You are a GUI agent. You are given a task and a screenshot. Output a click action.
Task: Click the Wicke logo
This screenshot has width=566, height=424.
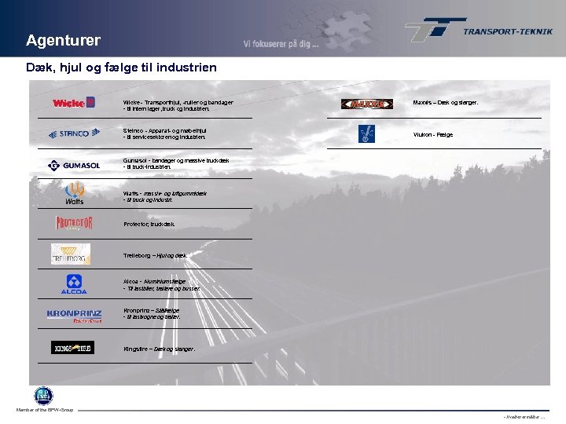(73, 102)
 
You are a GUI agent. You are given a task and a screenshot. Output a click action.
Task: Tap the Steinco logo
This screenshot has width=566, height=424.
(73, 133)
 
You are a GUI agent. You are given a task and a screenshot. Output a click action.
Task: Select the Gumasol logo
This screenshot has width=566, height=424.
(73, 165)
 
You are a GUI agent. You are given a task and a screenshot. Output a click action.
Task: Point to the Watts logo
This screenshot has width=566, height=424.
(74, 193)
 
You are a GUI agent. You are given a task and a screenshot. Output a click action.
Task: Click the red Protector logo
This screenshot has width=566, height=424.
(73, 223)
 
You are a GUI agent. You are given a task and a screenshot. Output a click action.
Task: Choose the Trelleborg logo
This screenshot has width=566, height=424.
(71, 254)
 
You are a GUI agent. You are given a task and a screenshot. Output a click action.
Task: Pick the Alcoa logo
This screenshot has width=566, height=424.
(73, 284)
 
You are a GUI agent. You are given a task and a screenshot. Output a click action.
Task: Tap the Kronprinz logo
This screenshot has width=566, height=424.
(73, 316)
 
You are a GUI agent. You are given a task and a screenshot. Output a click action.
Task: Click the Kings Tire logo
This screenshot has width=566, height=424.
(72, 347)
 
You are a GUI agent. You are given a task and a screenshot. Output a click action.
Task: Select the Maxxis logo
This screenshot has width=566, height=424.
(366, 104)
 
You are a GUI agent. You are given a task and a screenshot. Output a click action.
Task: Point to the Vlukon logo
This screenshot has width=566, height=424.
(366, 133)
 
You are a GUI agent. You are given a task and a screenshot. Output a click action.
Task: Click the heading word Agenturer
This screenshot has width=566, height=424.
(63, 40)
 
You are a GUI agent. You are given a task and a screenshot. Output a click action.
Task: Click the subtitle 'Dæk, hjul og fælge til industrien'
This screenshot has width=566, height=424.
(121, 68)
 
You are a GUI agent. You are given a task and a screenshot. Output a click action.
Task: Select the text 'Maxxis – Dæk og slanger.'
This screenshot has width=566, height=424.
(445, 102)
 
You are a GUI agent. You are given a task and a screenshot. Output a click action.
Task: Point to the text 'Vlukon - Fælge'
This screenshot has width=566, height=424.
(433, 134)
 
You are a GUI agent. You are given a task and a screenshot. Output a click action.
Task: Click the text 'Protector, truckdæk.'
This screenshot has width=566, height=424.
(149, 224)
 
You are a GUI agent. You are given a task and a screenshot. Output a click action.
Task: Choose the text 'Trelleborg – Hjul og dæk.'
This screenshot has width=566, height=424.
(155, 256)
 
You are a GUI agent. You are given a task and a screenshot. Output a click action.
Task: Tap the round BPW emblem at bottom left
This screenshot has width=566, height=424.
(42, 396)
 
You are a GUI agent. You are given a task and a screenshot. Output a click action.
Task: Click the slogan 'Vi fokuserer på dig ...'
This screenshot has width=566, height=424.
(281, 45)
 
